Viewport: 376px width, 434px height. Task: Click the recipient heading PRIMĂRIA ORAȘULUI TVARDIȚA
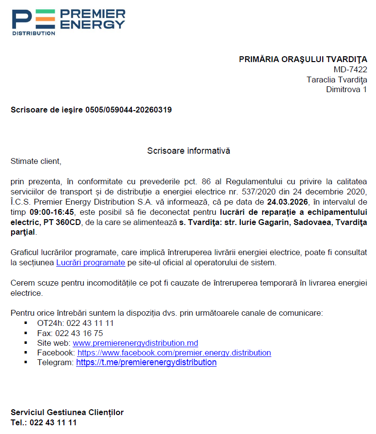[x=303, y=59]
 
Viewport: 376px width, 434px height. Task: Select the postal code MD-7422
[x=350, y=69]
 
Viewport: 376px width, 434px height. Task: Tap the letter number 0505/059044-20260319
[x=128, y=110]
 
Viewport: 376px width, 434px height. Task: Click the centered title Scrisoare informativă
[x=188, y=151]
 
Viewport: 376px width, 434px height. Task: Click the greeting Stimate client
[x=36, y=161]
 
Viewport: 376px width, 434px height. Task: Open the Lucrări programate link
[x=91, y=263]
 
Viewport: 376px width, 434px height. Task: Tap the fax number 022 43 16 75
[x=79, y=333]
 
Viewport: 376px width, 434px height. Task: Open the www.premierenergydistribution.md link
[x=135, y=343]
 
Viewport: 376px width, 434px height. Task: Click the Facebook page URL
[x=174, y=353]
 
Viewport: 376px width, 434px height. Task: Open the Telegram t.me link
[x=146, y=362]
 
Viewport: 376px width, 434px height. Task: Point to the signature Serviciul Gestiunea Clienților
[x=67, y=413]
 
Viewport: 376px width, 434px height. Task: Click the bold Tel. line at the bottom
[x=44, y=422]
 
